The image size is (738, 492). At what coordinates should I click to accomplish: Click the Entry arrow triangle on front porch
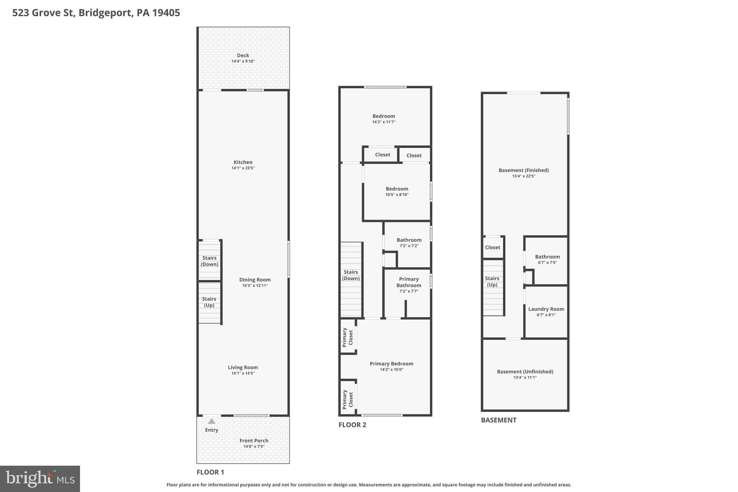pos(212,421)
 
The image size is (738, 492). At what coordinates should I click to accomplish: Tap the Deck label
pos(243,56)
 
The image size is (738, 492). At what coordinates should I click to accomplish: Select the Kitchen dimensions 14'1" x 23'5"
pos(243,168)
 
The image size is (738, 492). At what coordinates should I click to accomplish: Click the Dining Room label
pos(255,280)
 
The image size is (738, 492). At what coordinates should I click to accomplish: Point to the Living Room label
pos(243,367)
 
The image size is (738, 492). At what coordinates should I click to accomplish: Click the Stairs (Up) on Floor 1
pos(209,302)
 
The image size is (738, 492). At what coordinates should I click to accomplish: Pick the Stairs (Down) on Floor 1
pos(209,261)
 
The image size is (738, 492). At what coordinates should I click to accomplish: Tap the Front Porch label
pos(254,440)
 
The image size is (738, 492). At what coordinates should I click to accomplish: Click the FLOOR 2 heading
pos(352,425)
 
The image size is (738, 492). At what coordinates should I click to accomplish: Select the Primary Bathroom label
pos(409,282)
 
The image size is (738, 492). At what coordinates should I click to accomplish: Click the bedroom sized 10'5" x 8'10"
pos(397,191)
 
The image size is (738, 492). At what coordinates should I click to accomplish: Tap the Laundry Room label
pos(546,309)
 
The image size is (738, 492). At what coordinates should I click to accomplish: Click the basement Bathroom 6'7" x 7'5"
pos(547,259)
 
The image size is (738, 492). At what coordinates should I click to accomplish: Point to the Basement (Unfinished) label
pos(525,372)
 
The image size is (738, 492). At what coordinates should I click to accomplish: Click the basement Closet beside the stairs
pos(492,247)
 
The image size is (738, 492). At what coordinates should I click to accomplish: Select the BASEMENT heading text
pos(498,420)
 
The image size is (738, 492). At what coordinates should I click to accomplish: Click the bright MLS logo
pos(40,479)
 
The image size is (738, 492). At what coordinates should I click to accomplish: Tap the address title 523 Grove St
pos(96,13)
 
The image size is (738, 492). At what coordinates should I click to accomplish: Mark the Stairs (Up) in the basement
pos(492,282)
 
